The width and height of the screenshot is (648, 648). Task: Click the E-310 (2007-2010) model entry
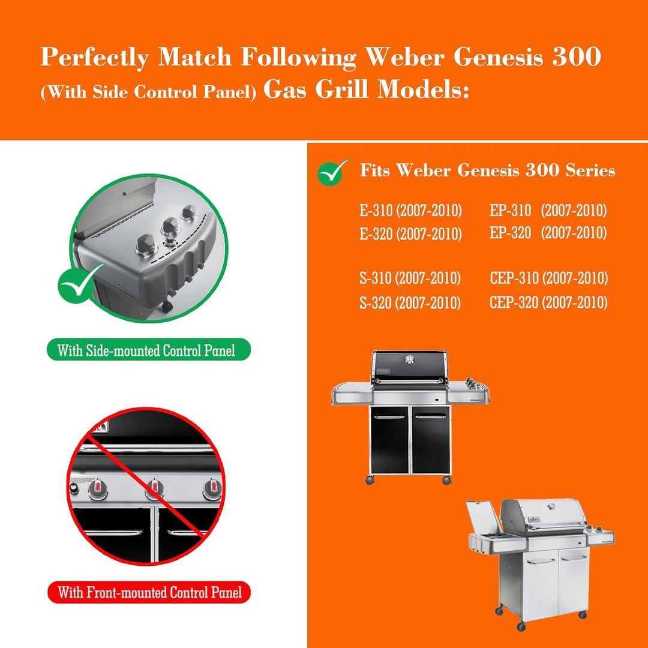click(x=410, y=211)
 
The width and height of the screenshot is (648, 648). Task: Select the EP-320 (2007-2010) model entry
click(x=548, y=233)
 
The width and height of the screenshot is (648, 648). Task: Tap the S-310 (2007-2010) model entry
click(x=410, y=278)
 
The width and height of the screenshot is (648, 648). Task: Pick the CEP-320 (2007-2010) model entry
click(x=548, y=302)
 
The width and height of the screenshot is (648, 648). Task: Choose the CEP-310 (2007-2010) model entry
click(x=548, y=278)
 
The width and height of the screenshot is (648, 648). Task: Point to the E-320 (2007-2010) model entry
click(x=410, y=234)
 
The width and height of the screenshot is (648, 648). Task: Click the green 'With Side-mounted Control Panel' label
click(x=149, y=350)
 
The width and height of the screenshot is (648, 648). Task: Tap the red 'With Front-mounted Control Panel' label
click(x=149, y=593)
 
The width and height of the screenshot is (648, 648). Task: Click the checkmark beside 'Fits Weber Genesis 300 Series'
click(x=333, y=172)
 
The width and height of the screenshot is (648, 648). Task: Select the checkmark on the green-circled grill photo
click(x=82, y=283)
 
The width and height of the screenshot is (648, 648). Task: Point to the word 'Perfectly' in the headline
click(x=94, y=58)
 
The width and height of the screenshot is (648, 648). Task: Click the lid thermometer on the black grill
click(x=410, y=359)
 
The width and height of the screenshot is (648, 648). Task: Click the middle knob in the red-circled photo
click(x=155, y=488)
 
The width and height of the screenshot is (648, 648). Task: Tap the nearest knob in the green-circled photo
click(x=146, y=245)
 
